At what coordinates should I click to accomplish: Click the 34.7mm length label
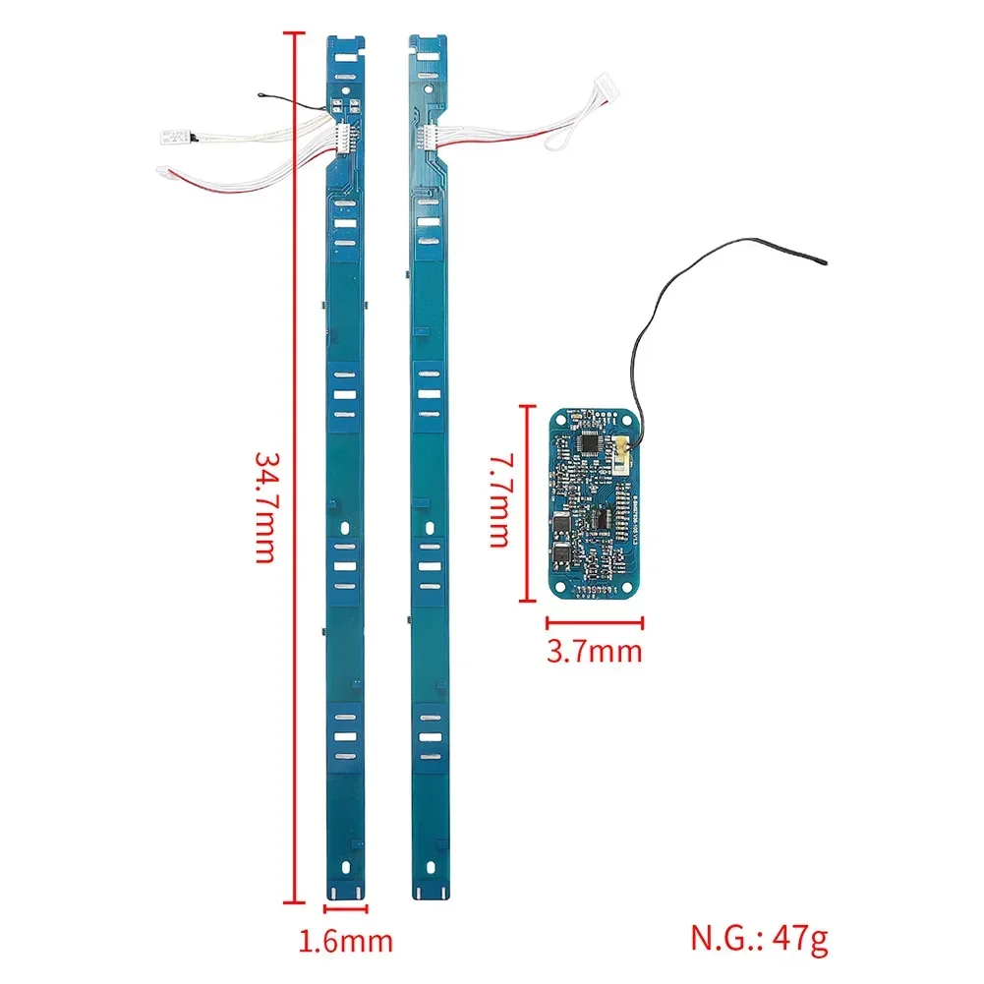263,506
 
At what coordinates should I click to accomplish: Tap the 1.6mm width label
346,940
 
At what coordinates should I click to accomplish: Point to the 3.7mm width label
595,650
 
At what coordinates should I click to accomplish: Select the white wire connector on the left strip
343,138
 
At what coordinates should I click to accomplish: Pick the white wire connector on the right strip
428,138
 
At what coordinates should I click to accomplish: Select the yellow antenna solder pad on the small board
624,454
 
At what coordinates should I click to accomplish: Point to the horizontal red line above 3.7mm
595,621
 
